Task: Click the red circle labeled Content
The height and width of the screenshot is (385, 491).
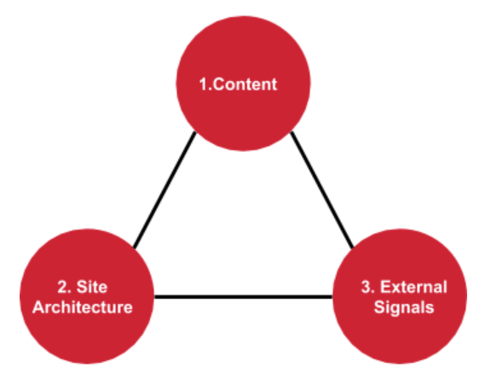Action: [x=243, y=84]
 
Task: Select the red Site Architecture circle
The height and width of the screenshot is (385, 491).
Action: [x=87, y=296]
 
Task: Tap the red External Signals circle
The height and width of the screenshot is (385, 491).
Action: [x=400, y=296]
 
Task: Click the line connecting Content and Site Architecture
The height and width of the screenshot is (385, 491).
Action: [x=165, y=190]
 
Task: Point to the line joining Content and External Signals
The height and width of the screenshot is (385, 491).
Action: [x=322, y=190]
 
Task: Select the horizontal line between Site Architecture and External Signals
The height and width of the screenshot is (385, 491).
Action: [x=243, y=296]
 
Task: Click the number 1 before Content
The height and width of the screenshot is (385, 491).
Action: [x=204, y=85]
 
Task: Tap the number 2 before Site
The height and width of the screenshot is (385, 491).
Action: [x=62, y=287]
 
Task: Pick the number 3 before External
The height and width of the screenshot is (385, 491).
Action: [x=367, y=287]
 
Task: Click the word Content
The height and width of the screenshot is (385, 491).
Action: [x=245, y=85]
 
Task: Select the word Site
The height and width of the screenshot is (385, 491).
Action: [x=92, y=287]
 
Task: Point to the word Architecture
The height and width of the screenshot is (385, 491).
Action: [x=83, y=307]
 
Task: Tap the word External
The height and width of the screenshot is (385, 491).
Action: [x=413, y=287]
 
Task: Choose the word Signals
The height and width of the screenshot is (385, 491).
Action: [x=404, y=308]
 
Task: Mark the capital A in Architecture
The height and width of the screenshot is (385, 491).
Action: [x=39, y=307]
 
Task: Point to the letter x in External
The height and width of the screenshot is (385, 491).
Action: [x=396, y=289]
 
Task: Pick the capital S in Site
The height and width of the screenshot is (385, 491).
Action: [x=82, y=287]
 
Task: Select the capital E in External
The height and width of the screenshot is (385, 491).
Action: [x=385, y=287]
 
